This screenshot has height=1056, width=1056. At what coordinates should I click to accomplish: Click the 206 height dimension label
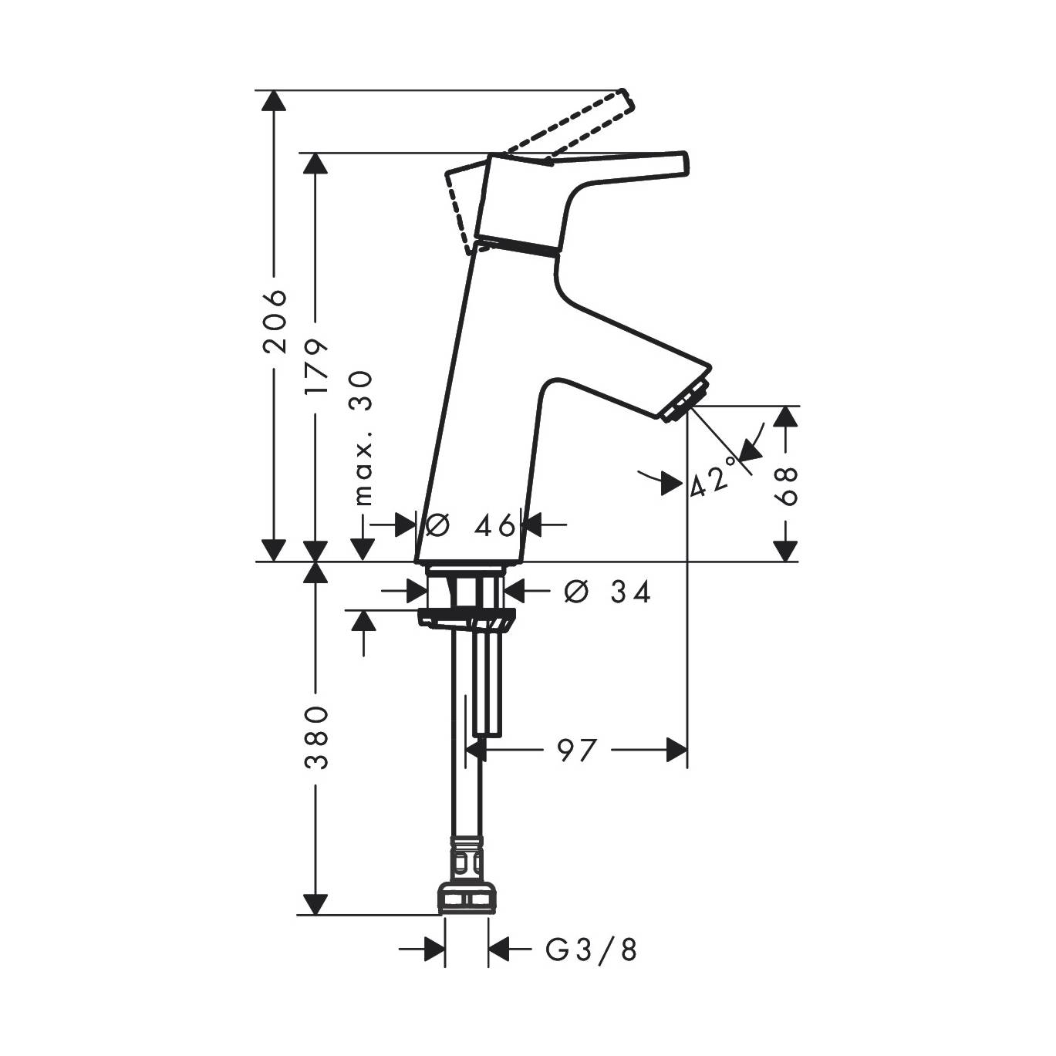tap(275, 321)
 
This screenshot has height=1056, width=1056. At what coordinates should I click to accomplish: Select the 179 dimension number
tap(317, 366)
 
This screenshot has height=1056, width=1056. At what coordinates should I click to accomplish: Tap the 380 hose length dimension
tap(317, 737)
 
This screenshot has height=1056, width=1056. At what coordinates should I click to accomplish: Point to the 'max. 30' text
tap(363, 438)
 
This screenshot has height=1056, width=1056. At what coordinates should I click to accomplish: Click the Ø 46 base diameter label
tap(471, 526)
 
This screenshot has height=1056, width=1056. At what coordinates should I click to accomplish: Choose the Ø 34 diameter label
tap(608, 592)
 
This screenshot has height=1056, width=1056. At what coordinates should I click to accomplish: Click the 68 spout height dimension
tap(786, 486)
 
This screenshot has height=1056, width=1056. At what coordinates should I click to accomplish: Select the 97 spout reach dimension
tap(575, 751)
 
